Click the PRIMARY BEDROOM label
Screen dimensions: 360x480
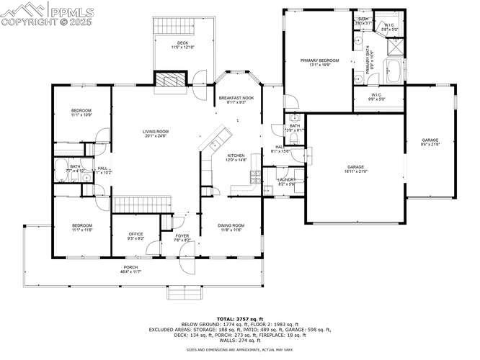(319, 60)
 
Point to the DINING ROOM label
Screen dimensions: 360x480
(231, 226)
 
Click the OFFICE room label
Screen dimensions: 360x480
(135, 234)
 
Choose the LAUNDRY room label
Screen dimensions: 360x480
(287, 180)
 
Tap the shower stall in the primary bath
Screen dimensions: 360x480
(394, 46)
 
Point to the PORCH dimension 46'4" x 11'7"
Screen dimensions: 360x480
(130, 271)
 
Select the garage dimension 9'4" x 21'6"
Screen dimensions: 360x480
(430, 145)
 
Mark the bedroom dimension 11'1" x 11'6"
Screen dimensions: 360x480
(81, 230)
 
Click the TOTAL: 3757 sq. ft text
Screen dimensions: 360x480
(241, 318)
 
